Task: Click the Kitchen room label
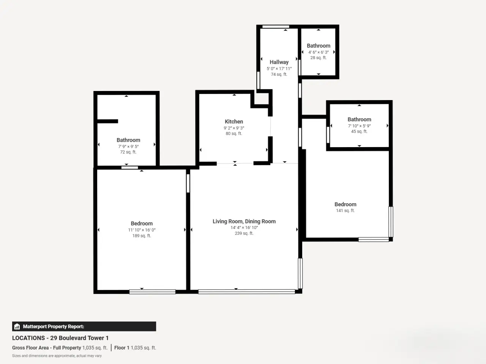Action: (234, 122)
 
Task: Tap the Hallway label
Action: (279, 62)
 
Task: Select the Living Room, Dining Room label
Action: (244, 221)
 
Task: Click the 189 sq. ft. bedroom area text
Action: (142, 236)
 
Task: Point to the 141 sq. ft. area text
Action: (345, 210)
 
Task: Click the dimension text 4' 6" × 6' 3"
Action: (319, 52)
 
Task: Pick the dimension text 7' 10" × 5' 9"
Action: (359, 126)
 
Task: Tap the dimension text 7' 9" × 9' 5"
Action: (128, 146)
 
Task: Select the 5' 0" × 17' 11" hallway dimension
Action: (279, 69)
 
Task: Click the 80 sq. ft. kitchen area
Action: (234, 133)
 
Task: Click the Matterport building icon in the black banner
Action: (17, 326)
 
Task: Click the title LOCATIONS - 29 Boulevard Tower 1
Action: (60, 338)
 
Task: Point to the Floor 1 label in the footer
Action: (121, 348)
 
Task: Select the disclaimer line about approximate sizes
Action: (57, 356)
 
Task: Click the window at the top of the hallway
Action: (276, 27)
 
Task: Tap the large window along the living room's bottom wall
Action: (246, 292)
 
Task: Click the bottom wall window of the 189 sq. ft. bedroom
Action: (152, 292)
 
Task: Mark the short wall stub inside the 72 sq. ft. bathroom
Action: (107, 121)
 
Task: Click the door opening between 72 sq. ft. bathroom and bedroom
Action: (129, 168)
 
